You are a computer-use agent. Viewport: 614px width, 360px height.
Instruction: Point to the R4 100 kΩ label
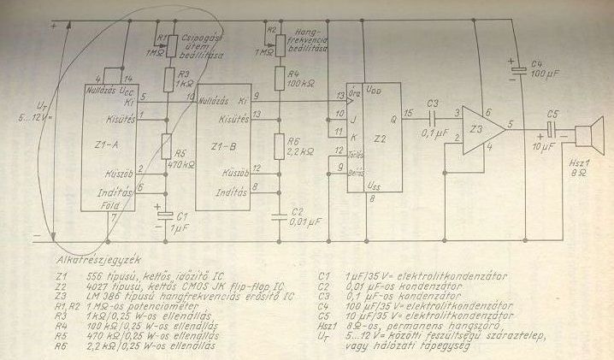point(298,84)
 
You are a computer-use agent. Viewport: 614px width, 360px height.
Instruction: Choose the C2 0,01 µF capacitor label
point(300,216)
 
